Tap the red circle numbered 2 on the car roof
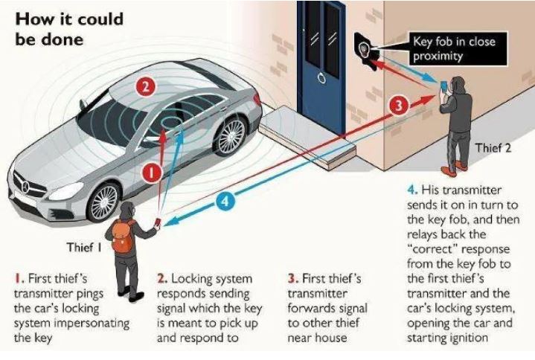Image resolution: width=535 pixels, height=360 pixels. pyautogui.click(x=145, y=86)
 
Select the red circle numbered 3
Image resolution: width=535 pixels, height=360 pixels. pyautogui.click(x=399, y=106)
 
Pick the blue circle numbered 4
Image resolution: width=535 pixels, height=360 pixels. pyautogui.click(x=225, y=201)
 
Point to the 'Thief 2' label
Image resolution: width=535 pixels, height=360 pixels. pyautogui.click(x=493, y=148)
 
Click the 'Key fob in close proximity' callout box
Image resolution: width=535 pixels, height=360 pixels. pyautogui.click(x=458, y=48)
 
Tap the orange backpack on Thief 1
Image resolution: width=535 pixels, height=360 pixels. pyautogui.click(x=123, y=236)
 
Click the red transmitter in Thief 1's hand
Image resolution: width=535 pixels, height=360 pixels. pyautogui.click(x=158, y=222)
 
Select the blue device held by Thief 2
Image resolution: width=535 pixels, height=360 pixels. pyautogui.click(x=443, y=86)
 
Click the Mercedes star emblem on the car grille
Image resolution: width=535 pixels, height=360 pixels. pyautogui.click(x=25, y=187)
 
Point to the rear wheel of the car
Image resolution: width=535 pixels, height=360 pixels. pyautogui.click(x=231, y=135)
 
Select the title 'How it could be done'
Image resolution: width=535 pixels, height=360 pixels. pyautogui.click(x=69, y=29)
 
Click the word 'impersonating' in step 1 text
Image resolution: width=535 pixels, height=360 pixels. pyautogui.click(x=96, y=323)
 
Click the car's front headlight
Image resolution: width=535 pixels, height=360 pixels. pyautogui.click(x=65, y=191)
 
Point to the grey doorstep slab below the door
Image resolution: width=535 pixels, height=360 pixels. pyautogui.click(x=307, y=135)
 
